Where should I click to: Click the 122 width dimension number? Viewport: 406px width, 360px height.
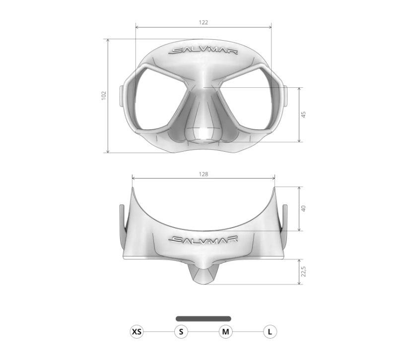(203, 22)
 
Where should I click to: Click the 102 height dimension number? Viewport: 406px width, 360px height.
(104, 95)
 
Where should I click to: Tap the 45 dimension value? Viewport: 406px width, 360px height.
(303, 115)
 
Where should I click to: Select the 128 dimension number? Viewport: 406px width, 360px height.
(203, 175)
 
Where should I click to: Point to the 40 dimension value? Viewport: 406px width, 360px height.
(303, 208)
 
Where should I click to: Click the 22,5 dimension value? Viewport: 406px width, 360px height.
(303, 272)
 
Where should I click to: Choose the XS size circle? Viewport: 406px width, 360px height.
(136, 332)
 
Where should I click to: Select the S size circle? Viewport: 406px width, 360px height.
(181, 332)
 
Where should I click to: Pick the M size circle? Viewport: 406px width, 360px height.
(225, 332)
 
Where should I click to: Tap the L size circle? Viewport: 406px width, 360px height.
(270, 332)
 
